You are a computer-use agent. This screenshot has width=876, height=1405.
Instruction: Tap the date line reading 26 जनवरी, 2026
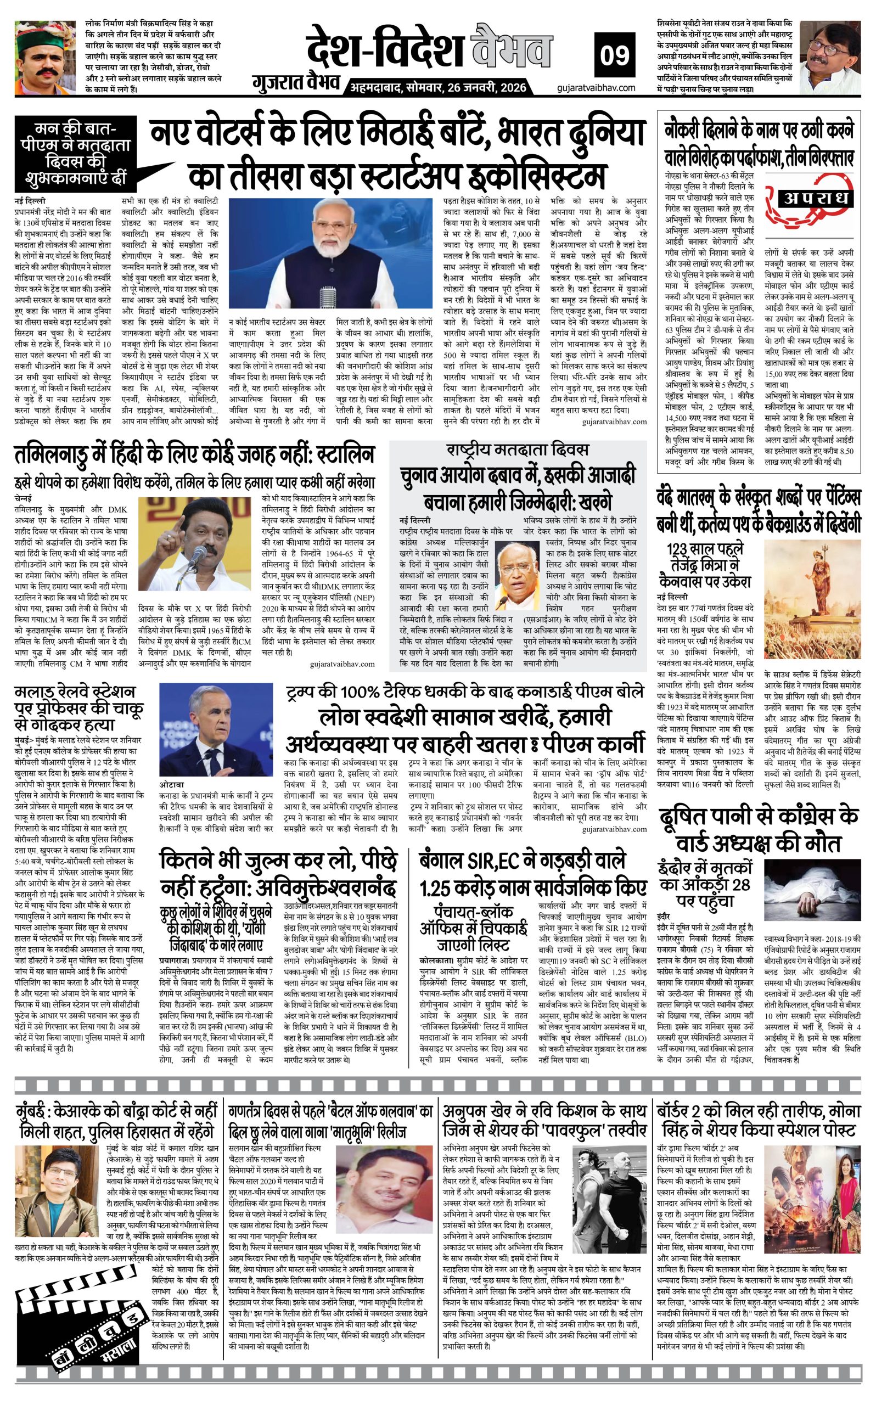(x=438, y=87)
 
